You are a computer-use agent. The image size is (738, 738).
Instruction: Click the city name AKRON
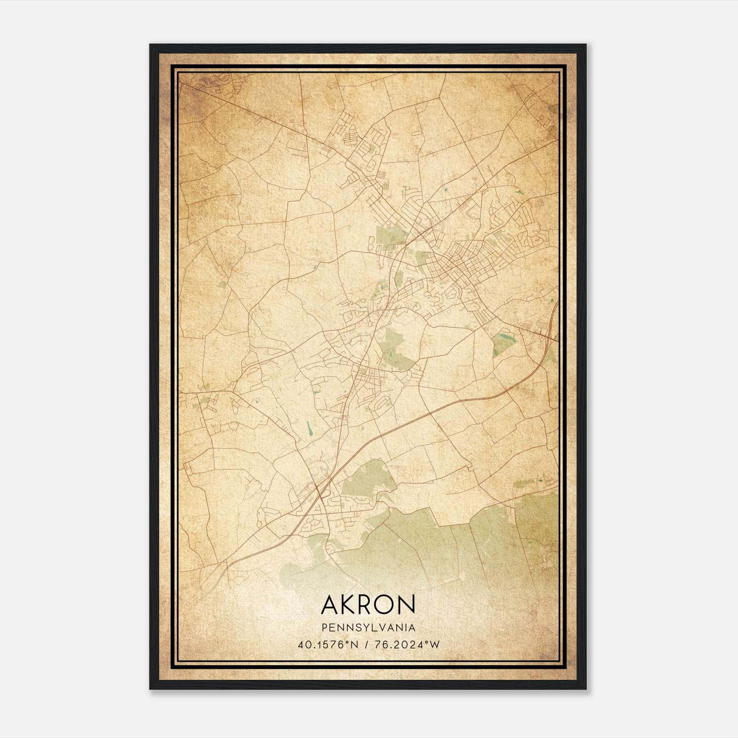point(368,604)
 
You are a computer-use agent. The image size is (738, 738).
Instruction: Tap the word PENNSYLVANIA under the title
point(368,628)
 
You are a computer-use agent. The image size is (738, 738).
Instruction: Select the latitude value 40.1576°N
point(328,645)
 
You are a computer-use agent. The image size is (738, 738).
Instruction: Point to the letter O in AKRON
point(382,604)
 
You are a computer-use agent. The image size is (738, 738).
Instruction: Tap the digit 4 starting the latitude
point(301,645)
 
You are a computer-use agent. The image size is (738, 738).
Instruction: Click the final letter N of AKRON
point(406,604)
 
